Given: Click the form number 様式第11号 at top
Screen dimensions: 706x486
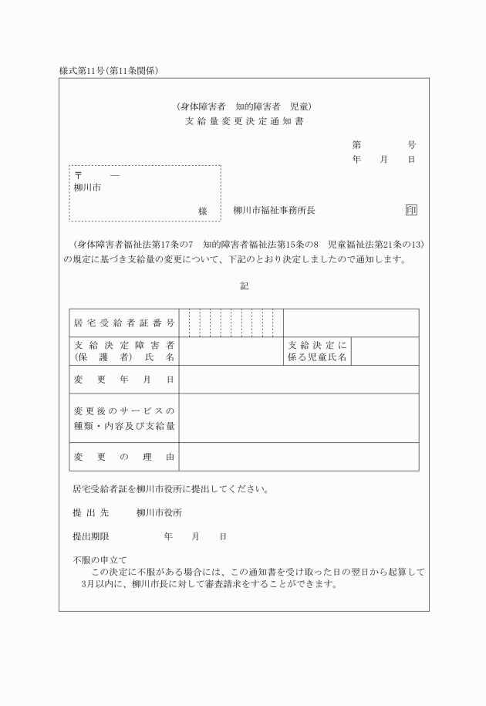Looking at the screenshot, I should click(x=86, y=71).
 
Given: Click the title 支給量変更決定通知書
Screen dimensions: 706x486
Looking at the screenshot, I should click(x=244, y=122).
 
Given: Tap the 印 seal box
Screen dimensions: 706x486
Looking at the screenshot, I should click(x=411, y=210).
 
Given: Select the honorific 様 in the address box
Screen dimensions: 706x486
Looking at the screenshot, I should click(x=203, y=211).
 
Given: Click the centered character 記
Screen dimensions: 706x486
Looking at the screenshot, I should click(x=244, y=285).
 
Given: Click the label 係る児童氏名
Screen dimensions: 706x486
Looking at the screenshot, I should click(x=317, y=358).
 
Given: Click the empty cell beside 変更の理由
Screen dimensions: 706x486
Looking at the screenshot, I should click(x=299, y=457).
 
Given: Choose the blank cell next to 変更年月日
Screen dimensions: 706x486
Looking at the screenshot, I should click(x=299, y=380).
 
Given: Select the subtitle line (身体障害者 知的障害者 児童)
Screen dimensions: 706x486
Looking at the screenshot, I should click(x=244, y=106).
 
